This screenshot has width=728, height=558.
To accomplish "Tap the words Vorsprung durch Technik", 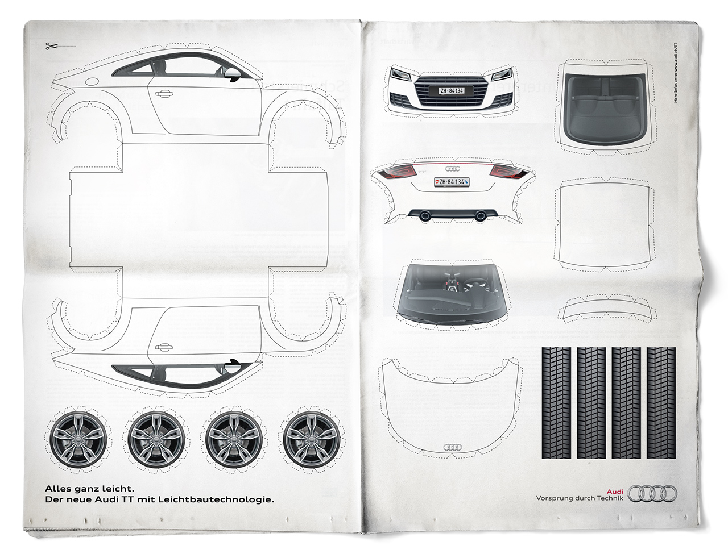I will click(x=580, y=498).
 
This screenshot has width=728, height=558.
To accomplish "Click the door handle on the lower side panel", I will click(x=164, y=345).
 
